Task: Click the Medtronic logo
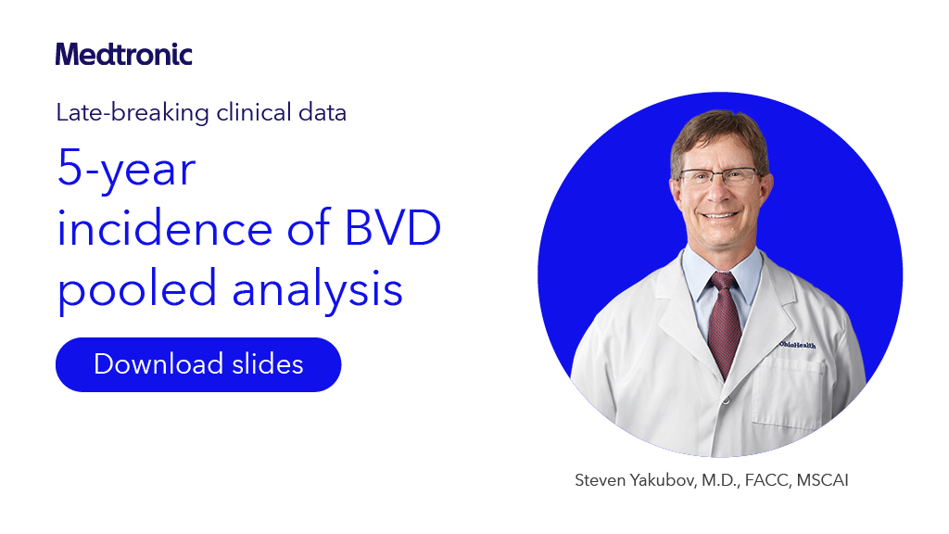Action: coord(123,54)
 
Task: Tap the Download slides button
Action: coord(198,364)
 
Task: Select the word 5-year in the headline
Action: coord(126,170)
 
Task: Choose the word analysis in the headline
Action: coord(318,288)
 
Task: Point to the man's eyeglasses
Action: coord(718,176)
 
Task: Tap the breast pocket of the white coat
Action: coord(788,380)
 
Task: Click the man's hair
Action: coord(718,130)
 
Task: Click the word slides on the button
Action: coord(268,364)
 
